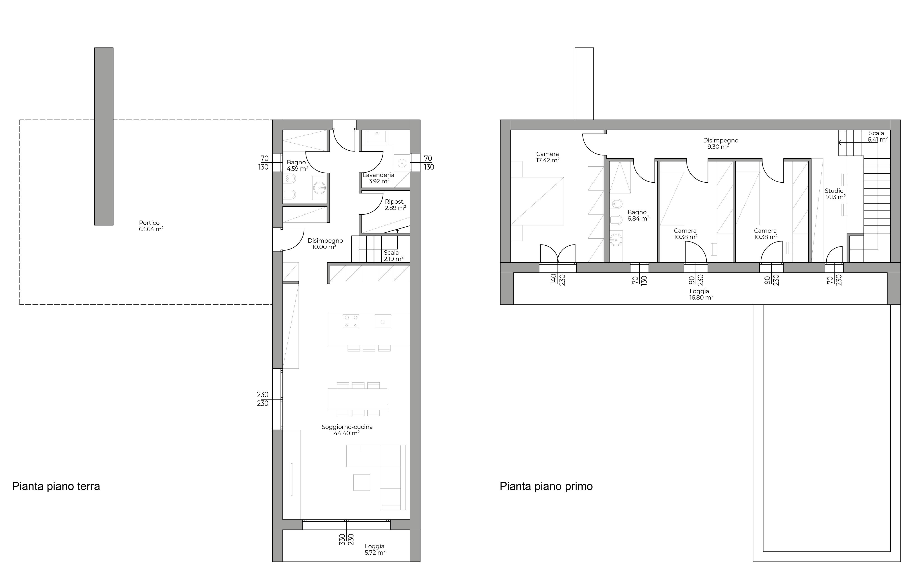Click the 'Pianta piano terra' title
click(56, 486)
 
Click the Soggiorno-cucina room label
click(347, 430)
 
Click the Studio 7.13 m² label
click(836, 194)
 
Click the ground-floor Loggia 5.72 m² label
click(375, 549)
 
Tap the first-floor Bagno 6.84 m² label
click(638, 215)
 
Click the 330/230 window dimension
click(346, 539)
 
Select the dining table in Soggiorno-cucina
click(357, 399)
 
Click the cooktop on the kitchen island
click(351, 321)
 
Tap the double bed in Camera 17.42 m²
click(537, 201)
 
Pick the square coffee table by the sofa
click(362, 482)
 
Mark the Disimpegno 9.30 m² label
click(720, 144)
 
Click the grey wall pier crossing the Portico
click(104, 136)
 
